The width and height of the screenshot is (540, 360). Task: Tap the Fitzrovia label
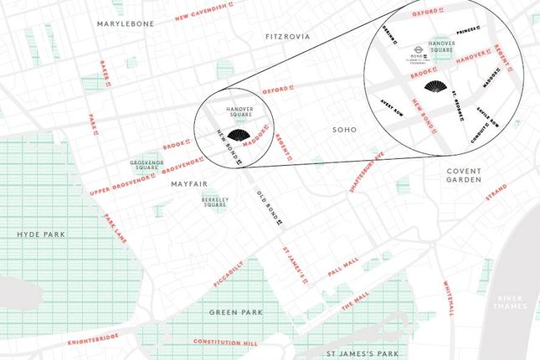[287, 38]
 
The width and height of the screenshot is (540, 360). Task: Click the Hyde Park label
[39, 234]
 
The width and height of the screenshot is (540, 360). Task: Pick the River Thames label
[510, 303]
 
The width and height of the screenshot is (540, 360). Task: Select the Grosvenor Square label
[143, 166]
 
